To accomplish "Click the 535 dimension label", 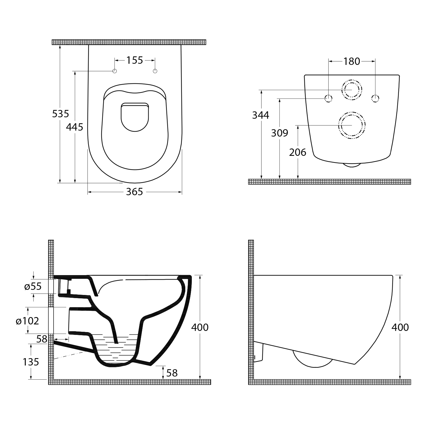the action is (61, 114).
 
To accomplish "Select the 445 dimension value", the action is (75, 127).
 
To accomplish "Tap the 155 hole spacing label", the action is (135, 60).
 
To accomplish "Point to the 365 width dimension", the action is (134, 192).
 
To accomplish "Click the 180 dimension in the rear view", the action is (352, 61).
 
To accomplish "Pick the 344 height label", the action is (261, 115).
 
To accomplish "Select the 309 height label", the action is (280, 133).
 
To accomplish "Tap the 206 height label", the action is (298, 152).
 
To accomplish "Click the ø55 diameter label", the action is (33, 287).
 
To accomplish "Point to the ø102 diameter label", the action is (27, 321).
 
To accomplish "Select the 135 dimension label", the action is (31, 362).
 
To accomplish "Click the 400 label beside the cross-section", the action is (200, 327).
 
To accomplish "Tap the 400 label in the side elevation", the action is (400, 327).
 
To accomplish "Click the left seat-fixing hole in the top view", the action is (115, 71).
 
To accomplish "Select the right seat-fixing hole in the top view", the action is (155, 71).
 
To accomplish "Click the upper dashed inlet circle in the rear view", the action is (352, 79).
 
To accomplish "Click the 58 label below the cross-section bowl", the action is (172, 373).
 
